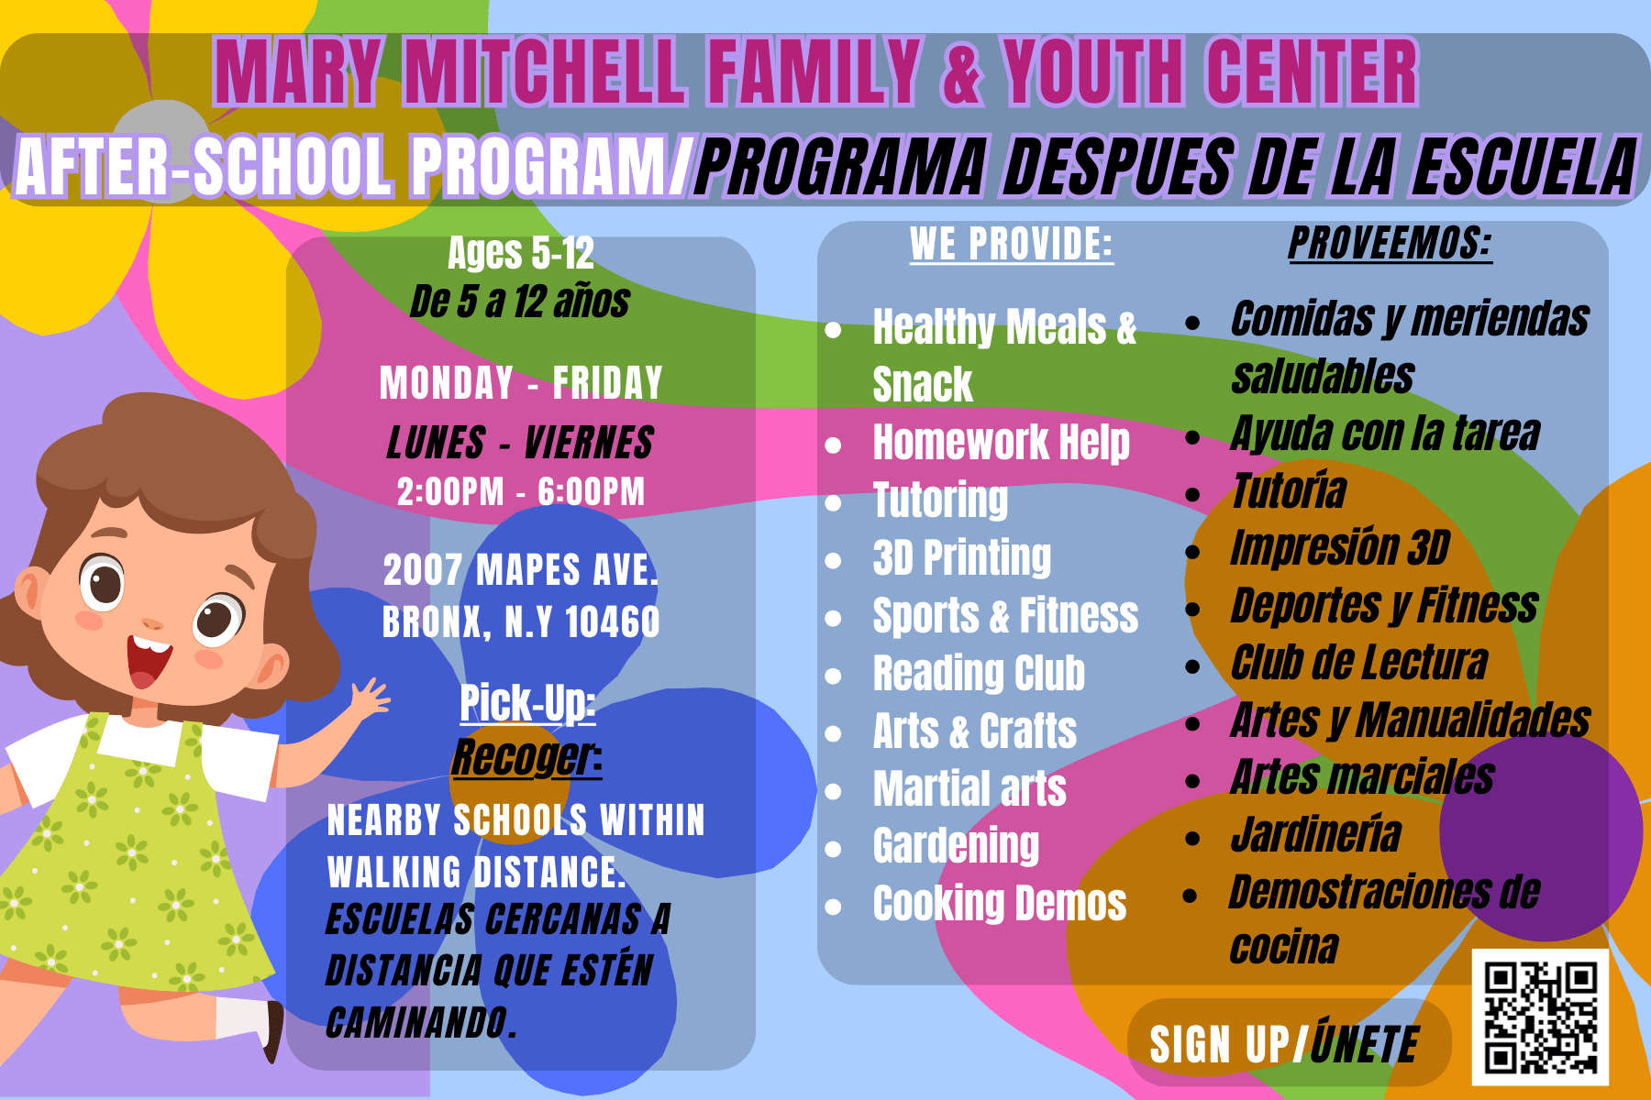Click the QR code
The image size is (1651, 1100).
point(1540,1017)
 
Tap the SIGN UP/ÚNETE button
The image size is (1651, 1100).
point(1288,1042)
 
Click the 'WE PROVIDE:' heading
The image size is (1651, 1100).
point(1011,244)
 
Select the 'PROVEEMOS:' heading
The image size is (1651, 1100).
point(1390,243)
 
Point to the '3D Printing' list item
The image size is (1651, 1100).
point(962,557)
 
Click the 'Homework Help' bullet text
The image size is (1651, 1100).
point(1002,443)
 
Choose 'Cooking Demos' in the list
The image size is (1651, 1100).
point(1000,903)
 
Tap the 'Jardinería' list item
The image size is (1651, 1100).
point(1316,834)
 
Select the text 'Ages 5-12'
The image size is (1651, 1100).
point(521,253)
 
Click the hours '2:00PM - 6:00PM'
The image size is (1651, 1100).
point(521,491)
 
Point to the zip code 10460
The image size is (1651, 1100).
point(612,622)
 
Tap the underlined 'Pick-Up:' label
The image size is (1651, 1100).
point(527,704)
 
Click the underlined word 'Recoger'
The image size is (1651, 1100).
point(523,757)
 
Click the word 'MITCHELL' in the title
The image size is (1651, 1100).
point(546,71)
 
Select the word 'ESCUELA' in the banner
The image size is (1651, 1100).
point(1524,167)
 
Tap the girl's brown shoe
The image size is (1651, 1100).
point(273,1032)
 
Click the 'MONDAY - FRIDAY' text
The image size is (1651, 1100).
point(521,382)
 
